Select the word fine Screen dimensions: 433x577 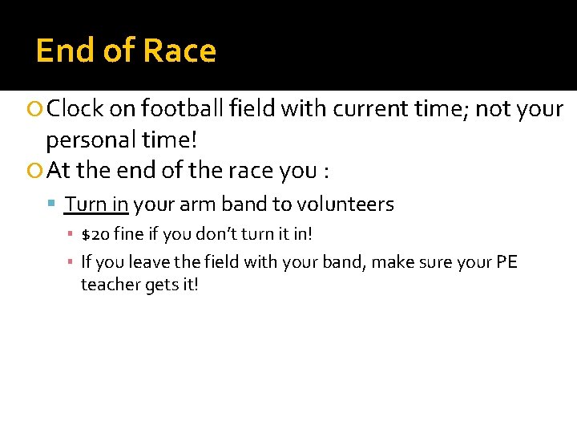(x=128, y=235)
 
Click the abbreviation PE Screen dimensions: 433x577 (x=506, y=262)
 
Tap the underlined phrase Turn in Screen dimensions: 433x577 (x=96, y=204)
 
